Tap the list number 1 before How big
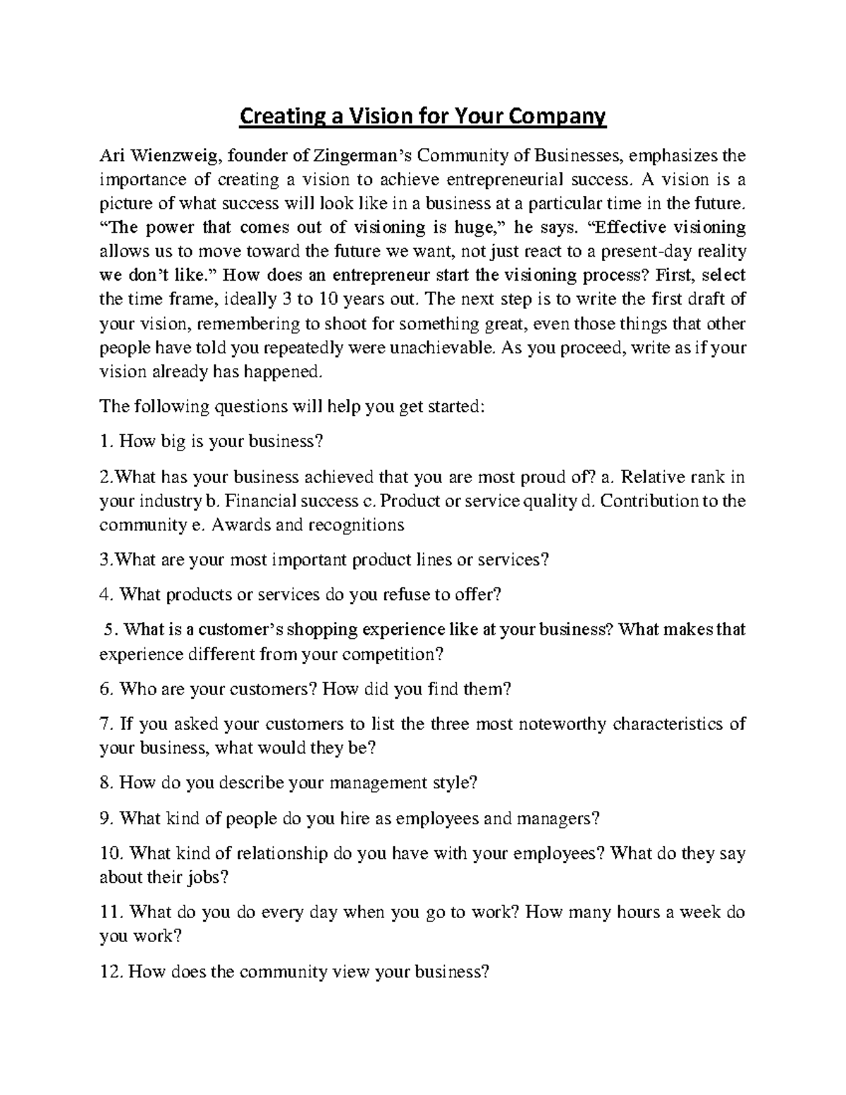pyautogui.click(x=104, y=442)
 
